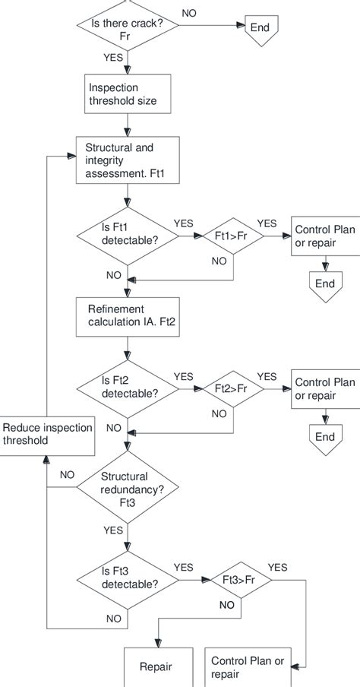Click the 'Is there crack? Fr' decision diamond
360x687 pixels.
[x=127, y=28]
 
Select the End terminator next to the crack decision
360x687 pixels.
[x=260, y=29]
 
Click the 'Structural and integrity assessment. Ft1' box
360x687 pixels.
[x=127, y=160]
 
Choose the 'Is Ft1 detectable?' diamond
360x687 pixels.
[x=127, y=237]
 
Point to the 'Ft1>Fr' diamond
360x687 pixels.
[x=232, y=236]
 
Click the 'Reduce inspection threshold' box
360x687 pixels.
[x=47, y=434]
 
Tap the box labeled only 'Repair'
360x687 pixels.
[x=156, y=667]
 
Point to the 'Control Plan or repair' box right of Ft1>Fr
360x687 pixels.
[x=324, y=237]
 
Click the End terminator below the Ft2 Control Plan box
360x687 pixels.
[x=324, y=435]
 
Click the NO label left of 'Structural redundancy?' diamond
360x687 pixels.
[x=67, y=473]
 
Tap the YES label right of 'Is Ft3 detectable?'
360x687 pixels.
[x=184, y=566]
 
